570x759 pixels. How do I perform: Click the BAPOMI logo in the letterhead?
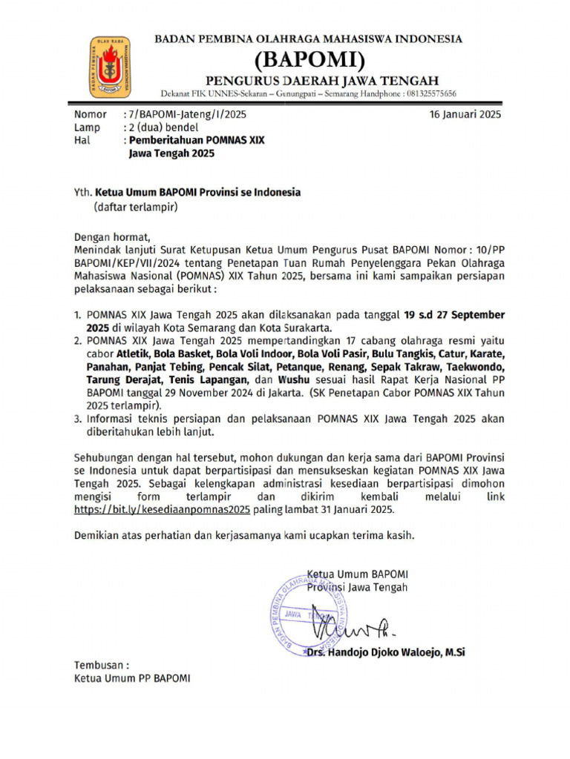[111, 67]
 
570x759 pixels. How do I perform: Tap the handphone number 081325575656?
[430, 94]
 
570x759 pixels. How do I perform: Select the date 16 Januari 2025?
[465, 114]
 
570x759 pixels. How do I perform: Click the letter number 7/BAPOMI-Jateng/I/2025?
[188, 115]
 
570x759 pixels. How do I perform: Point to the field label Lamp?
[86, 127]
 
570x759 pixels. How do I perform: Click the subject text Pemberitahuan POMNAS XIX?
[197, 140]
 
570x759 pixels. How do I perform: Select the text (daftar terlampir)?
[135, 207]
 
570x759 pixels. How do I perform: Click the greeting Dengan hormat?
[111, 237]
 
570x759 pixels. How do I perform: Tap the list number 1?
[78, 314]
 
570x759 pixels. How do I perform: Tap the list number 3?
[78, 418]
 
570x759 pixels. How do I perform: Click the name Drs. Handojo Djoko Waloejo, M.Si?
[386, 652]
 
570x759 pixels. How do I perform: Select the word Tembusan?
[99, 665]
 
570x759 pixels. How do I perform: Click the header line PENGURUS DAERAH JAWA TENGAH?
[321, 79]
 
